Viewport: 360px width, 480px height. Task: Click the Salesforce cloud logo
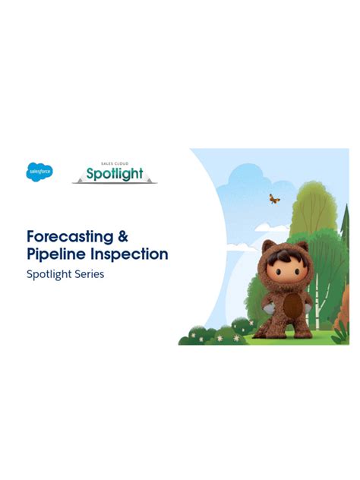pos(39,172)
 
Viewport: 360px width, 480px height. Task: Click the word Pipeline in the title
pos(57,254)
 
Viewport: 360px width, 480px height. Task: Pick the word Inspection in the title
pos(129,254)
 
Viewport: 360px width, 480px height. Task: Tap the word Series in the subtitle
pos(88,274)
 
